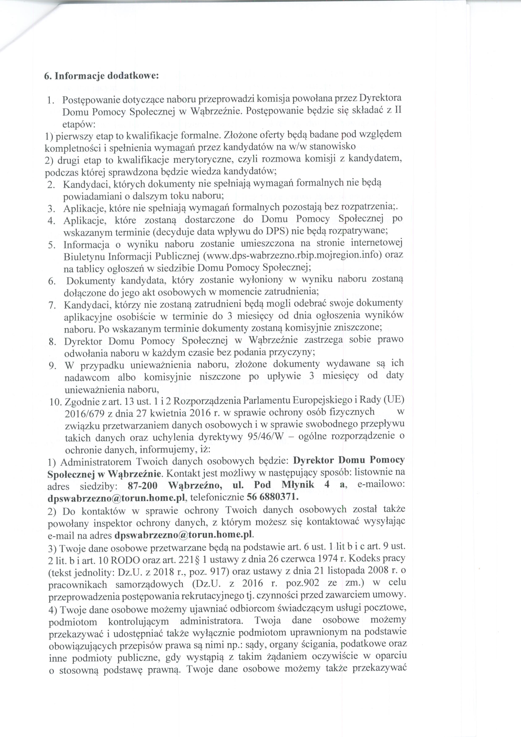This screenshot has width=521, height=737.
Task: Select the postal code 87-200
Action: click(142, 485)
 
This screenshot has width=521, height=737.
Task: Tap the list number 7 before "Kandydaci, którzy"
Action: click(51, 305)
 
